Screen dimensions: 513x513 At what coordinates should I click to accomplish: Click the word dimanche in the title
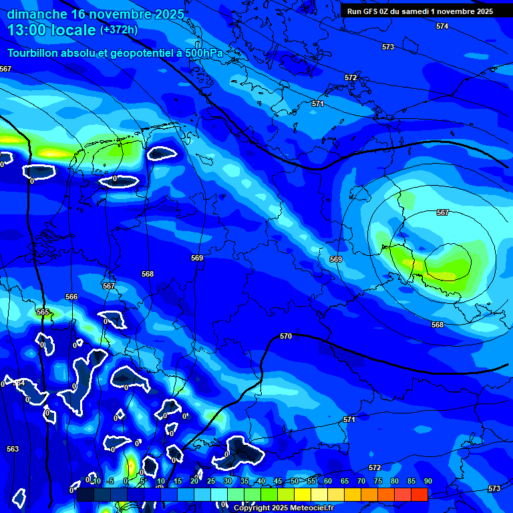[37, 14]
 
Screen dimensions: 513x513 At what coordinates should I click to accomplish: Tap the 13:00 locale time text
[51, 30]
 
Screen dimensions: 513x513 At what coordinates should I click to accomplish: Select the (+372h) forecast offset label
[119, 30]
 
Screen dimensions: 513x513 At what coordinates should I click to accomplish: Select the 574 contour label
[442, 26]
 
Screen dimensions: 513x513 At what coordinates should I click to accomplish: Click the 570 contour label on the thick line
[286, 336]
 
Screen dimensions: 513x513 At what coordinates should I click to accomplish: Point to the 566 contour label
[71, 297]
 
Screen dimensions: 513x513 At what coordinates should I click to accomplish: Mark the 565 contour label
[43, 312]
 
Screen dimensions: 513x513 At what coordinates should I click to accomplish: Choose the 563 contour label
[13, 449]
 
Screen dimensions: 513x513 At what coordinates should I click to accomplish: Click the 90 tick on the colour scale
[427, 481]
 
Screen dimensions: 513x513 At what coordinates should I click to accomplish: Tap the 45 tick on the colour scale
[278, 481]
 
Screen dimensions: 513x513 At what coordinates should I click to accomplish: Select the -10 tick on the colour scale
[95, 481]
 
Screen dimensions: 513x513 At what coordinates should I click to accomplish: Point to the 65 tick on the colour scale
[345, 481]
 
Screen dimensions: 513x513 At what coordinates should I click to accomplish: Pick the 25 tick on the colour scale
[211, 481]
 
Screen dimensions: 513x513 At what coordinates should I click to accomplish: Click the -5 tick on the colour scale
[110, 481]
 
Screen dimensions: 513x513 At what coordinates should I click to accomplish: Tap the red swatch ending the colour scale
[419, 494]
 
